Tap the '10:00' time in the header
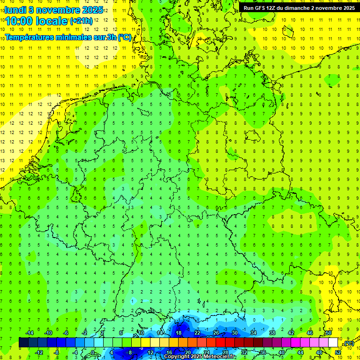[19, 21]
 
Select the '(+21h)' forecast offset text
[81, 21]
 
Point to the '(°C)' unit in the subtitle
[124, 37]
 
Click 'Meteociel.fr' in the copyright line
[220, 357]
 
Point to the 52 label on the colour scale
[338, 352]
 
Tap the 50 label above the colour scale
[329, 333]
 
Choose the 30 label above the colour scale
[234, 333]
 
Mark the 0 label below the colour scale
[93, 352]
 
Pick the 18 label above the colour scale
[178, 333]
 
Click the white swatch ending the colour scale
[333, 343]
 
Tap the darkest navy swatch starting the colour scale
[23, 343]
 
